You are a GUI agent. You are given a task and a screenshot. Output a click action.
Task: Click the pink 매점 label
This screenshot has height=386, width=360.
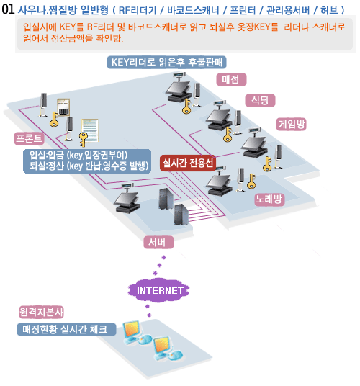coord(231,79)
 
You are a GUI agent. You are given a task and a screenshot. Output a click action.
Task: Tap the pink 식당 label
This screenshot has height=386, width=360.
coord(260,100)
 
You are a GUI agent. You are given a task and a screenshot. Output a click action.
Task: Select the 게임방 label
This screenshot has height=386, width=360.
coord(292,124)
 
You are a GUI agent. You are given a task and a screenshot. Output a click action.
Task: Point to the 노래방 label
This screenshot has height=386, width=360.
coord(269,199)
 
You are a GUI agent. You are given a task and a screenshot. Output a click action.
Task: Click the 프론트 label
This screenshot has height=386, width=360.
coord(29,138)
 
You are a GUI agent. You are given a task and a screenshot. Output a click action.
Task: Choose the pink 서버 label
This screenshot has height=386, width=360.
coord(158,242)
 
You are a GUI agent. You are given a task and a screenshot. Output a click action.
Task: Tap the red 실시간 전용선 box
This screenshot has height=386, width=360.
coord(188,163)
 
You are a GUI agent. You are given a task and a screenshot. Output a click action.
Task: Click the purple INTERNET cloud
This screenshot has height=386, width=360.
coord(159,290)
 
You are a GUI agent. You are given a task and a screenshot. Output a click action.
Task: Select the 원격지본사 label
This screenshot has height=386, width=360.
coord(42,312)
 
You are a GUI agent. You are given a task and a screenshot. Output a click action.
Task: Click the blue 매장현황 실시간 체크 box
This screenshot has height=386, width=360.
coord(66,329)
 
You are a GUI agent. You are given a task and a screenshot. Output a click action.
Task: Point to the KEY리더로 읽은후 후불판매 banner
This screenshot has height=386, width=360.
coord(166,62)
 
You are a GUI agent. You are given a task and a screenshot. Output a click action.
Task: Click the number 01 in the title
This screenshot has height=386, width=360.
coord(8,9)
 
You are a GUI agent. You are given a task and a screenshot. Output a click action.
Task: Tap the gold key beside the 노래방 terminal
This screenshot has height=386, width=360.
coord(251,181)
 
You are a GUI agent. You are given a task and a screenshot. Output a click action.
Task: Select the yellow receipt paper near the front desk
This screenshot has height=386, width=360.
coord(90,130)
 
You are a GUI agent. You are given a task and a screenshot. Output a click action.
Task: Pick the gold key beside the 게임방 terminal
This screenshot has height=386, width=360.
coord(267,164)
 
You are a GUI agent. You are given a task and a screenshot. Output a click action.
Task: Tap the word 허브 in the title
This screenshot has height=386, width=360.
coord(329,10)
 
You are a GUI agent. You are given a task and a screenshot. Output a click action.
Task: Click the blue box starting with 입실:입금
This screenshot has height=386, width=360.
coord(87,161)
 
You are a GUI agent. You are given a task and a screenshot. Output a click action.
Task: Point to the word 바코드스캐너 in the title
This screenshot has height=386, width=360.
coord(193,10)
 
